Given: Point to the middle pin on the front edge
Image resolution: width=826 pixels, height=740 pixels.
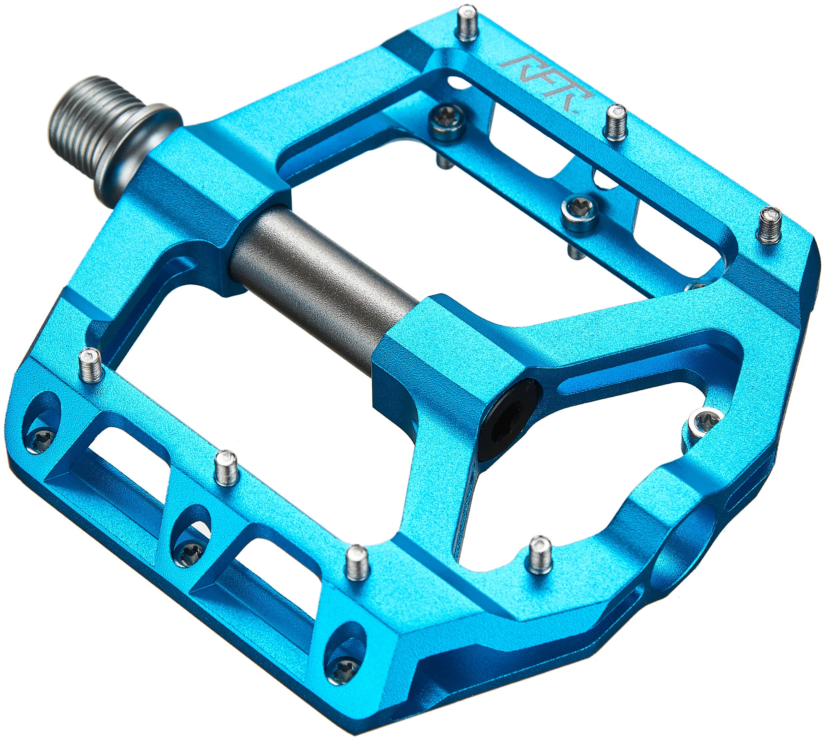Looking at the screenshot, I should tap(226, 468).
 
